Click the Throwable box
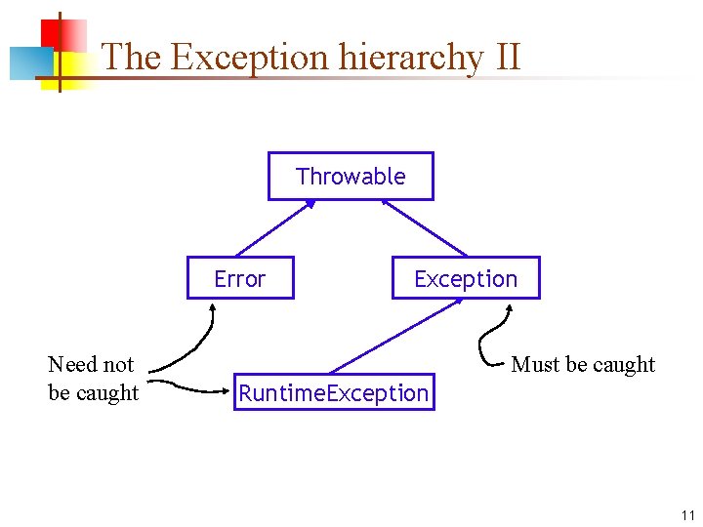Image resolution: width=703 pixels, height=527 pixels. pos(351,177)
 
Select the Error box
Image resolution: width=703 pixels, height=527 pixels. pos(240,279)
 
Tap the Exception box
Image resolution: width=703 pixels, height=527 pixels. pos(465,279)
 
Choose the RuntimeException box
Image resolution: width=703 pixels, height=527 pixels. pos(334,393)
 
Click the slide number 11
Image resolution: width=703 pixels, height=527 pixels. pos(687,515)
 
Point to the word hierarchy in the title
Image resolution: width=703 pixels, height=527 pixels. pos(411,57)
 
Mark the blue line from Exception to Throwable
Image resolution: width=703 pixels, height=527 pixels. pos(425,228)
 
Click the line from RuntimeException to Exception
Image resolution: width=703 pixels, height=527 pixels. pos(395,336)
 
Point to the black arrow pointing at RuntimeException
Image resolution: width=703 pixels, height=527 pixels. pos(195,387)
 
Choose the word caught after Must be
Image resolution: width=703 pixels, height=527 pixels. pos(624,364)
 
